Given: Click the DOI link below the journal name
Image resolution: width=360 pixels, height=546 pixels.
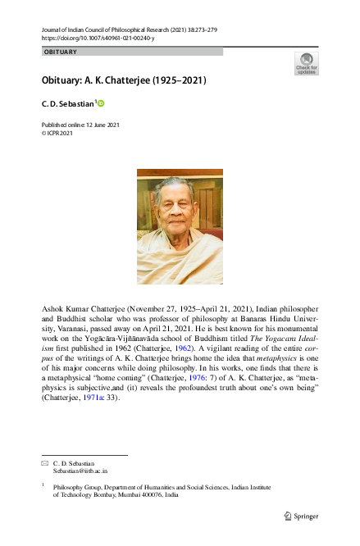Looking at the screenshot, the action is (x=98, y=38).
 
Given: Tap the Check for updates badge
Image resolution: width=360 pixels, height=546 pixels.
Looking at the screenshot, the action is (x=308, y=64).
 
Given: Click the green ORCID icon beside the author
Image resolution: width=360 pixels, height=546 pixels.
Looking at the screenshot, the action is (x=102, y=103).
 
